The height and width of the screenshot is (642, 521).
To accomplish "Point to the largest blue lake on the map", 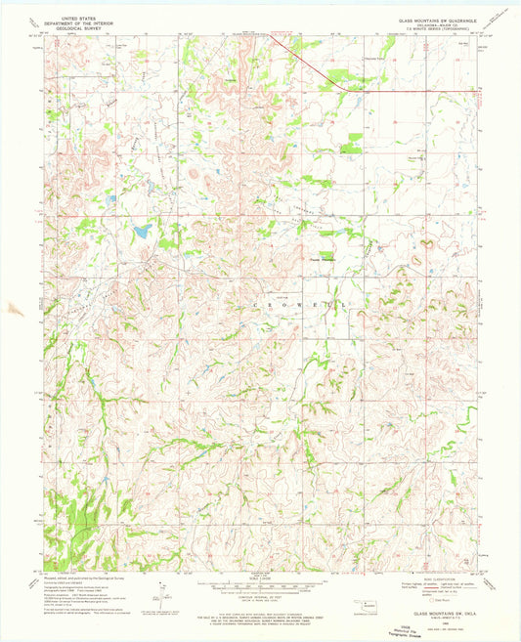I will pos(143,233).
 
